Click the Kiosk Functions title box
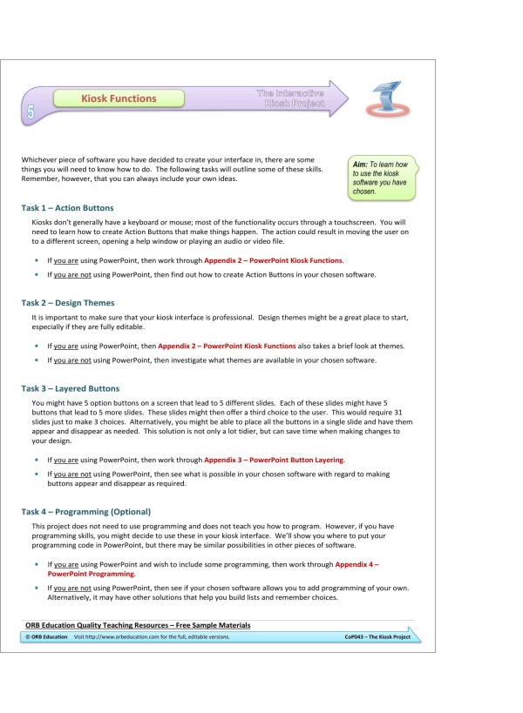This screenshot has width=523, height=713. (119, 98)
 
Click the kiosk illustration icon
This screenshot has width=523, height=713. (386, 98)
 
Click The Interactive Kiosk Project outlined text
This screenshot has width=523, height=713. (291, 98)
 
